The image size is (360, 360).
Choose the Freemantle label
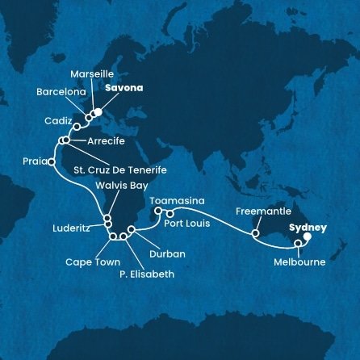point(257,212)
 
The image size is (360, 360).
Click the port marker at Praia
point(52,161)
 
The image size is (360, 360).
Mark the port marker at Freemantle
point(254,235)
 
